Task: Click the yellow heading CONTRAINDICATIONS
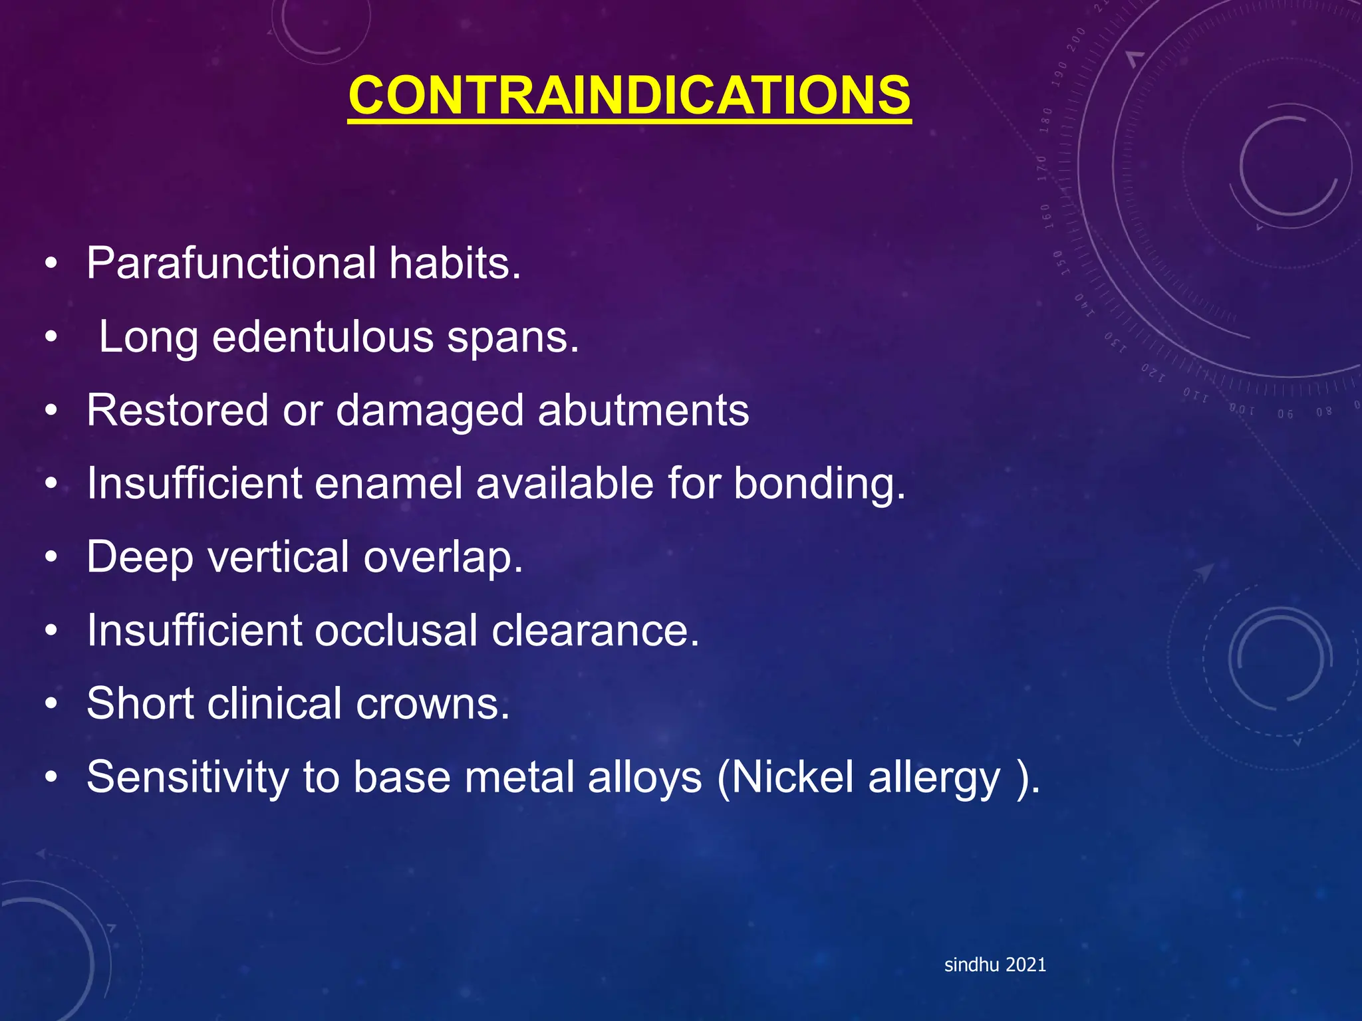[x=629, y=96]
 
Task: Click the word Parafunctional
[x=231, y=263]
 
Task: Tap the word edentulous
[x=322, y=337]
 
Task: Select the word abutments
[x=643, y=410]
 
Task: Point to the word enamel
[x=388, y=483]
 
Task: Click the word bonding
[x=819, y=483]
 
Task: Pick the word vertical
[x=279, y=556]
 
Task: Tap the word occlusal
[x=396, y=630]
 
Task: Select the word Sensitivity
[x=188, y=777]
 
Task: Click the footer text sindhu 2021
[x=995, y=964]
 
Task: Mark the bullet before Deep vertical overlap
[x=51, y=557]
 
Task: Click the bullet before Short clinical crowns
[x=51, y=704]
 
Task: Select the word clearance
[x=595, y=630]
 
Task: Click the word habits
[x=455, y=263]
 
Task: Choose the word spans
[x=513, y=337]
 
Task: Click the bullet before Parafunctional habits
[x=51, y=264]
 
